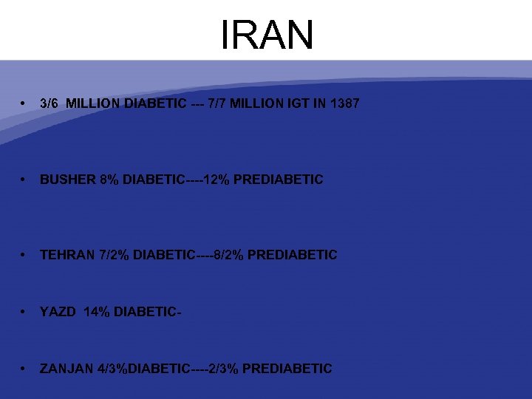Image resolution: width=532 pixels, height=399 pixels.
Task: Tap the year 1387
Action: [344, 103]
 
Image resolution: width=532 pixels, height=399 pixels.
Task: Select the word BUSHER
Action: [67, 180]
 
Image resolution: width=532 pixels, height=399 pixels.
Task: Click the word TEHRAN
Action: [67, 255]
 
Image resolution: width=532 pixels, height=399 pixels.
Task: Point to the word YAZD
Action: [58, 312]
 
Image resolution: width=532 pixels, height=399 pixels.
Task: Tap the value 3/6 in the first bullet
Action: [50, 103]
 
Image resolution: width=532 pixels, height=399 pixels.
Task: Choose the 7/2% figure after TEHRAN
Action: [115, 255]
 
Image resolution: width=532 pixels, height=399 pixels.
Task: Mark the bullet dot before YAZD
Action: [25, 312]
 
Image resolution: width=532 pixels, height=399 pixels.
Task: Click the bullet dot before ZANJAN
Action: [25, 369]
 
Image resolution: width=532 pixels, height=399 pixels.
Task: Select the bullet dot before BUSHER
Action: [25, 180]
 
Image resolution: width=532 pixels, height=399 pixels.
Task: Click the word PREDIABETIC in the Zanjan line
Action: [287, 369]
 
